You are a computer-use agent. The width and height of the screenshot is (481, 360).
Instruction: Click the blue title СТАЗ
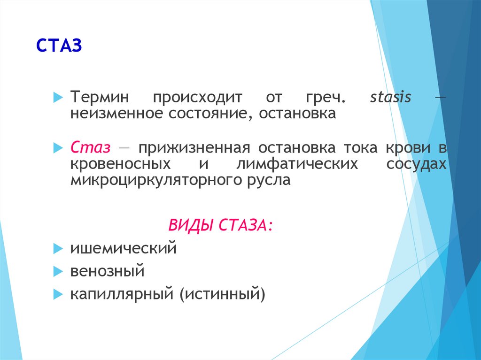[59, 46]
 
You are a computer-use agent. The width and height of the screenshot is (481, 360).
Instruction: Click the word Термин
[100, 97]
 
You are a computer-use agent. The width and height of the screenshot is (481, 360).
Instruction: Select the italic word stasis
[390, 97]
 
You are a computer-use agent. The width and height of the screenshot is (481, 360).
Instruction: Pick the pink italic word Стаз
[90, 147]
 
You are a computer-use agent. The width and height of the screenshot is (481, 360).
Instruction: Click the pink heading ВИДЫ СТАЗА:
[220, 225]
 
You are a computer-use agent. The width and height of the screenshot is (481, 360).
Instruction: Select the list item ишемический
[124, 248]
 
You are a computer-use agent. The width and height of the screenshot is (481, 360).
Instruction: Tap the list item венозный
[108, 271]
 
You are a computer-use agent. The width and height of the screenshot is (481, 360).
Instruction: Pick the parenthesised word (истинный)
[222, 294]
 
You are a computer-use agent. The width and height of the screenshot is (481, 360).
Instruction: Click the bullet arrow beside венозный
[58, 271]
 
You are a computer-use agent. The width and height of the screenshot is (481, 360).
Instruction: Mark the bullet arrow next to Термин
[58, 97]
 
